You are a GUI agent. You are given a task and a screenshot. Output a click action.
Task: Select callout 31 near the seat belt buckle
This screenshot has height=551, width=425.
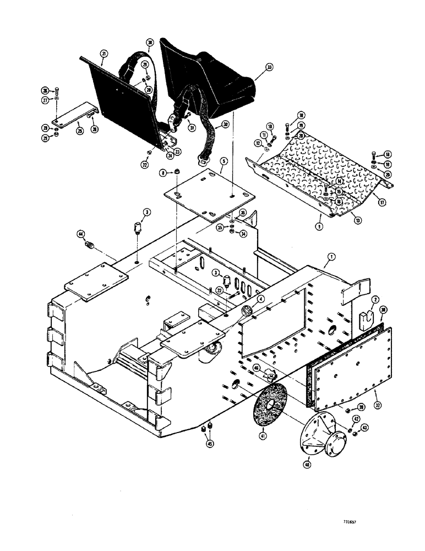pyautogui.click(x=193, y=129)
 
